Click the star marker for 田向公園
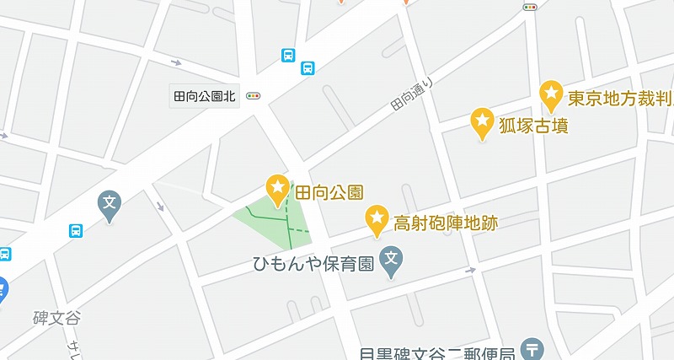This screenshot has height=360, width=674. [277, 187]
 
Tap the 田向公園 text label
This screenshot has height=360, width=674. [328, 191]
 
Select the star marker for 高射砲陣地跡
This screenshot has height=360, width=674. [376, 219]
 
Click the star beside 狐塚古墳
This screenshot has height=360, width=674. [482, 122]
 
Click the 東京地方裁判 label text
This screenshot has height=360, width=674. [620, 98]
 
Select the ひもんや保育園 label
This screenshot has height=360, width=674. [313, 265]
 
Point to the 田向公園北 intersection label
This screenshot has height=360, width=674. [206, 96]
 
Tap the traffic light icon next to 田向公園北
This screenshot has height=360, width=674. [253, 96]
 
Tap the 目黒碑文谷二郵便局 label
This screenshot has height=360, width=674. [446, 352]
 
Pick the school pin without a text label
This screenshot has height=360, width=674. [110, 203]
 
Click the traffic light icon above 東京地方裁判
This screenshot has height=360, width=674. [530, 7]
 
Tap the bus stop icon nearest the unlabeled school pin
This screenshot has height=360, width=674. [76, 229]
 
